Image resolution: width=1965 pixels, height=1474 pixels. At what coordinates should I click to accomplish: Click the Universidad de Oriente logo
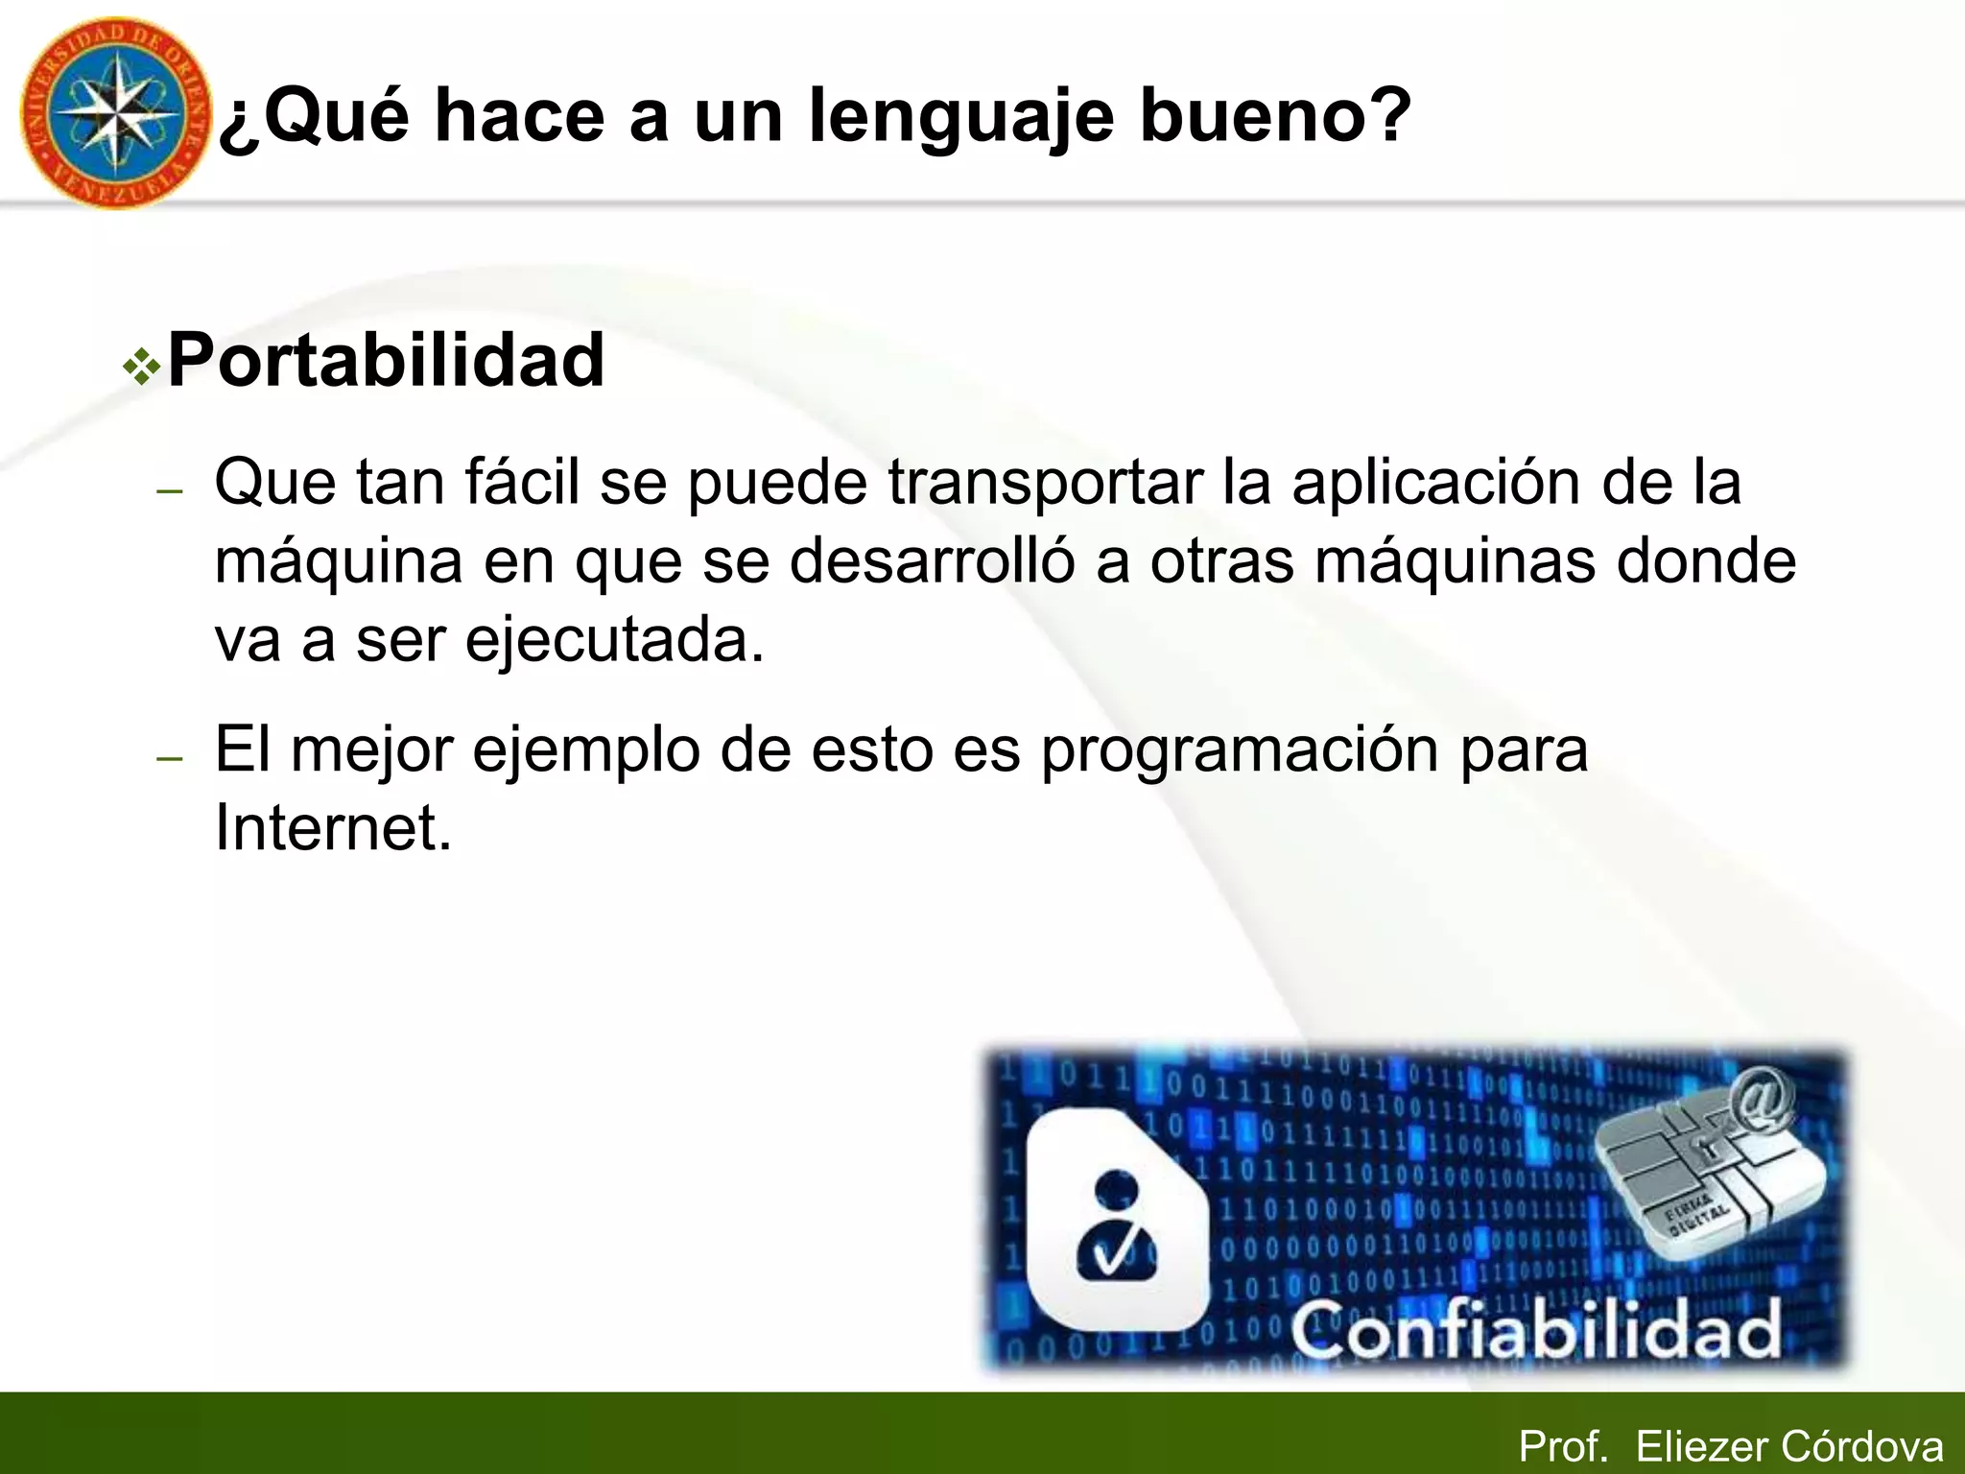[x=113, y=113]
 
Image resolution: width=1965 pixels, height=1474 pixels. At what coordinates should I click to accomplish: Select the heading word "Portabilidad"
[x=386, y=361]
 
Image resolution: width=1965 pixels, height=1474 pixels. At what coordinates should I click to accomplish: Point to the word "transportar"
[x=1045, y=482]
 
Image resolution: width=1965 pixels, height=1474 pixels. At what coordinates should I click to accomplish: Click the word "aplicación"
[x=1435, y=482]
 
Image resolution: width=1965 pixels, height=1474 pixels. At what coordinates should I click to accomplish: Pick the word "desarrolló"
[x=931, y=561]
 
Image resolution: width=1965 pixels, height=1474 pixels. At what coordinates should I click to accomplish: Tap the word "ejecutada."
[x=615, y=641]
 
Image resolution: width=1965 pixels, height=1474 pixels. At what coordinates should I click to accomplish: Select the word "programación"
[x=1239, y=750]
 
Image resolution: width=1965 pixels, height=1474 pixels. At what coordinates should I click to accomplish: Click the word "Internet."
[x=333, y=827]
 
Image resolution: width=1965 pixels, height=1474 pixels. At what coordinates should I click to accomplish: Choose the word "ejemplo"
[x=585, y=750]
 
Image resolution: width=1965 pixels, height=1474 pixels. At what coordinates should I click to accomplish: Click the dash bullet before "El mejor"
[x=170, y=758]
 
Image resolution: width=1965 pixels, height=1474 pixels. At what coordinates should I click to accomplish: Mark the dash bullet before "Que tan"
[x=170, y=490]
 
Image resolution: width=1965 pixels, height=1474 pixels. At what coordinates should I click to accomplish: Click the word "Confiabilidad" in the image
[x=1535, y=1330]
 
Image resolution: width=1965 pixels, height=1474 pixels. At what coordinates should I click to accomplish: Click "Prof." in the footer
[x=1563, y=1446]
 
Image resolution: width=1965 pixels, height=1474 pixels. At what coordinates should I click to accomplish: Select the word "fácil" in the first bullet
[x=522, y=482]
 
